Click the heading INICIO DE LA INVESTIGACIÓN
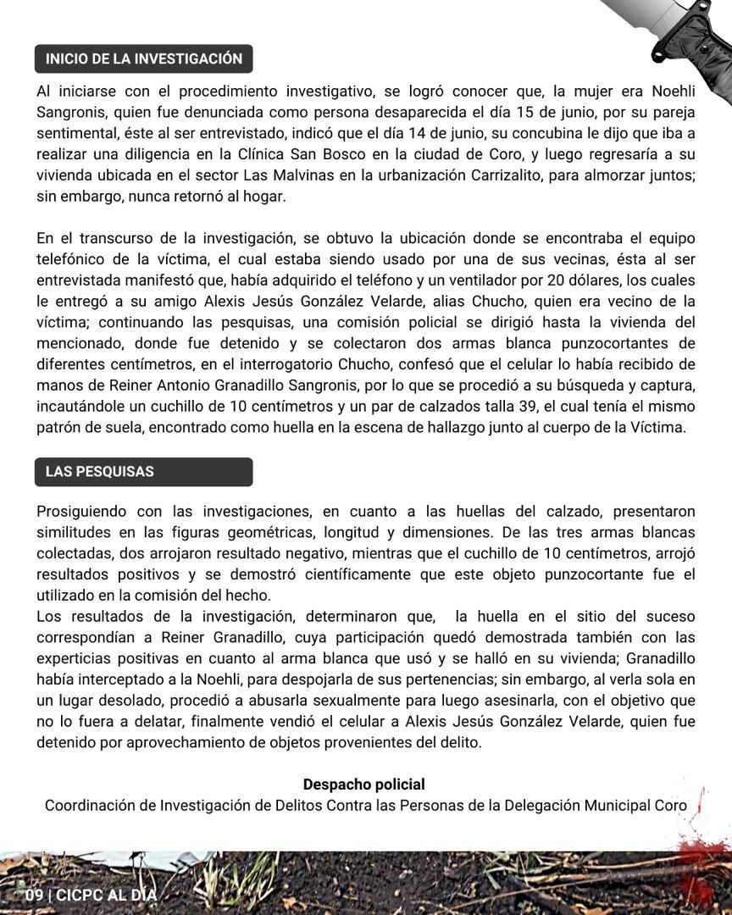click(144, 59)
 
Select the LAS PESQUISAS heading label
click(100, 472)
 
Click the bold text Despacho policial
click(364, 785)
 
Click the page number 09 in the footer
click(35, 895)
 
